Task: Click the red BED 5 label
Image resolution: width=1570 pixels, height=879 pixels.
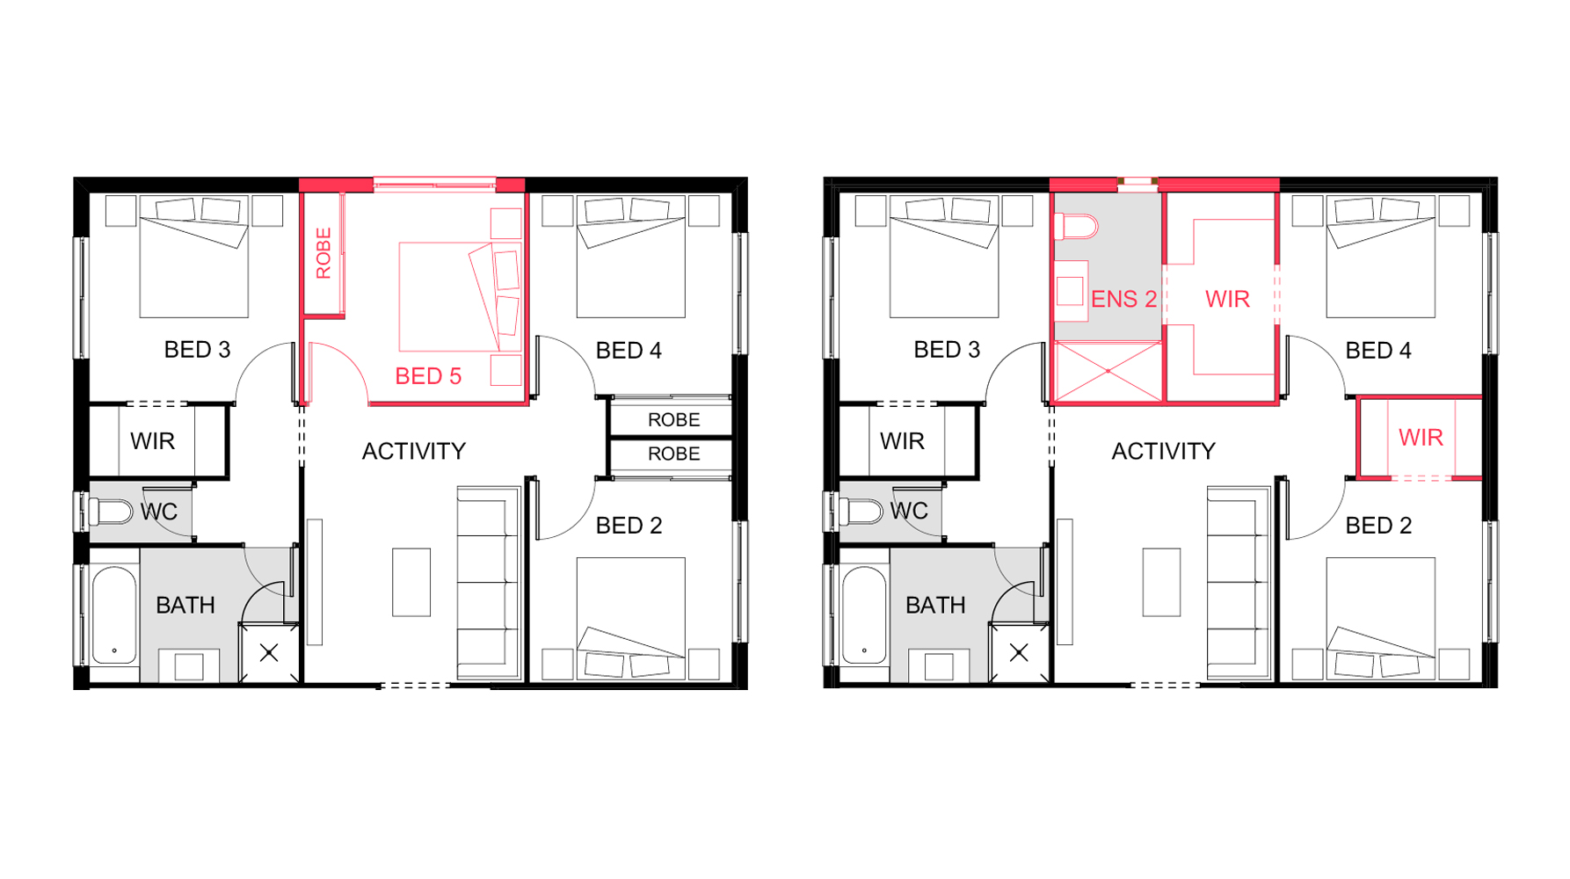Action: tap(428, 376)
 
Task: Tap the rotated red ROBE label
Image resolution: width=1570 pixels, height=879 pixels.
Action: tap(323, 253)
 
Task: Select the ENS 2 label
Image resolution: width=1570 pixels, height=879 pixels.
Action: tap(1123, 299)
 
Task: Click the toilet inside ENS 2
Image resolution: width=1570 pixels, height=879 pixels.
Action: tap(1077, 228)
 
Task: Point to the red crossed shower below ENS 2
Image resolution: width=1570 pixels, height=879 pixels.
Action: tap(1108, 372)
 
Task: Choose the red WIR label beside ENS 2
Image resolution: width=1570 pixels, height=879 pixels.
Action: tap(1227, 300)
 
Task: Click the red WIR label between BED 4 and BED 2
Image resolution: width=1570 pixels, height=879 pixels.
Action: tap(1421, 438)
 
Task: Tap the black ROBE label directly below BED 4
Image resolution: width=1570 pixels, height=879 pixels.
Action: tap(673, 420)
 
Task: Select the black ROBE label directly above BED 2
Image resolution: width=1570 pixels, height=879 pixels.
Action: tap(673, 454)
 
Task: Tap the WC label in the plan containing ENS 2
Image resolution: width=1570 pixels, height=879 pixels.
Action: tap(909, 512)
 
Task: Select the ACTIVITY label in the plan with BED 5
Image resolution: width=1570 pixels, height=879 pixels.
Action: tap(414, 452)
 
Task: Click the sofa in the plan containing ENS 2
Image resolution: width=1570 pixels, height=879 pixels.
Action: tap(1239, 583)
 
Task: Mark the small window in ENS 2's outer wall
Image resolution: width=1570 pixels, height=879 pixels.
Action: tap(1138, 182)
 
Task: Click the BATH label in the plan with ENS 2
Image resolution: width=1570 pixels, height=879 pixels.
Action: tap(935, 606)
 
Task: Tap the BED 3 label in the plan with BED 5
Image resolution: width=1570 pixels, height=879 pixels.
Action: tap(198, 350)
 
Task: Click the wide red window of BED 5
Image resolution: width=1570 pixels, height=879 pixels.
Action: tap(435, 184)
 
